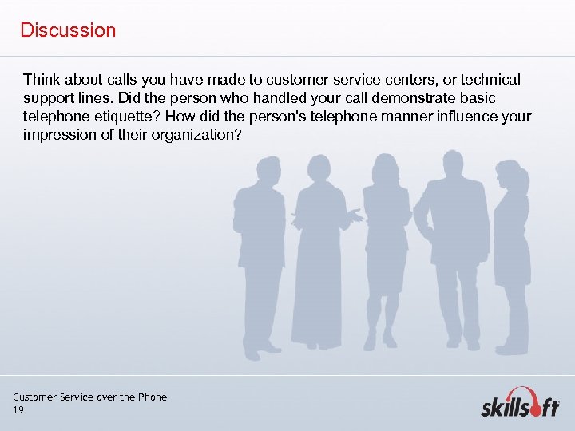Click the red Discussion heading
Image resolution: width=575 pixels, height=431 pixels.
coord(68,30)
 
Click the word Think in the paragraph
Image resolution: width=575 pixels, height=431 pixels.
coord(41,80)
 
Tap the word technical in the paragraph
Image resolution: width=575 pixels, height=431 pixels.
coord(488,80)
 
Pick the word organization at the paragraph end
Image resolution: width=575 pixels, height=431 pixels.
coord(199,135)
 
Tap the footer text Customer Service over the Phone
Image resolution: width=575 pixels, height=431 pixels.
coord(89,397)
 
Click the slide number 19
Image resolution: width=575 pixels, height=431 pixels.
coord(18,410)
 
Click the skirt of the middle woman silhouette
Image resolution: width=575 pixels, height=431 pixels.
coord(387,272)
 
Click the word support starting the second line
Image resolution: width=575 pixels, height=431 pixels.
coord(49,98)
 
